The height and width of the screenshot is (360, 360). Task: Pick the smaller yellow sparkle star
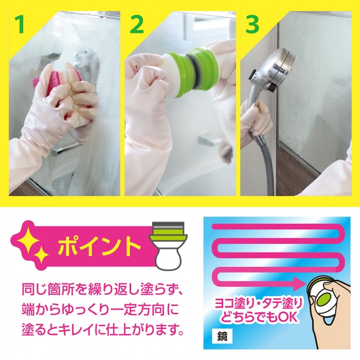(41, 255)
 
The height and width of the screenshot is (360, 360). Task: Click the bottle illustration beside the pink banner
(169, 246)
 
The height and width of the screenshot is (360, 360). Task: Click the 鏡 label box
(222, 336)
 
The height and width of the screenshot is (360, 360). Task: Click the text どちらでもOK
(259, 317)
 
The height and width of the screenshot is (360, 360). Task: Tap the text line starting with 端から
(100, 310)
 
